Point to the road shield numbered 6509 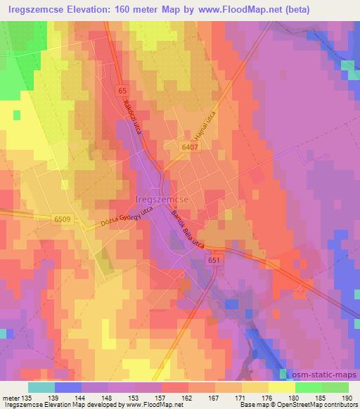(61, 219)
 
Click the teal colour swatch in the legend (41, 387)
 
